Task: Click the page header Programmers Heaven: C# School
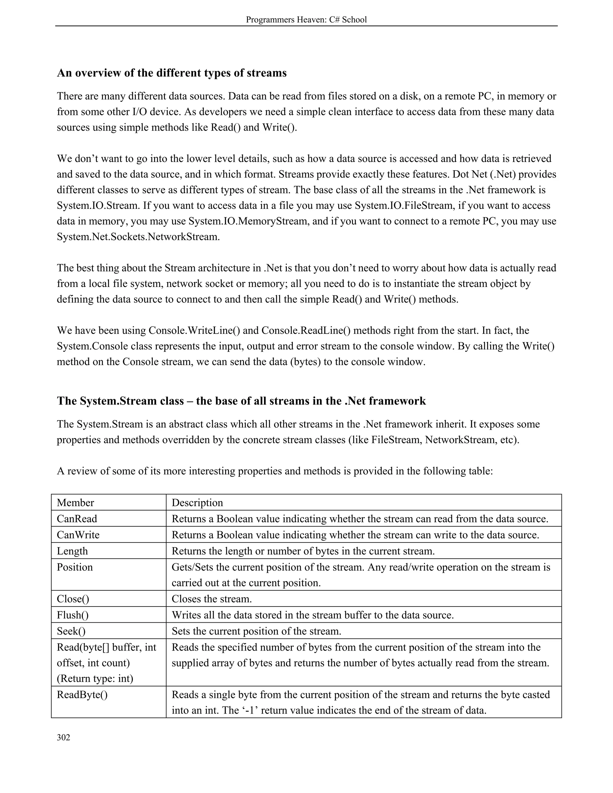[x=306, y=20]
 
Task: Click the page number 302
[x=63, y=737]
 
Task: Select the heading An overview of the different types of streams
[x=172, y=73]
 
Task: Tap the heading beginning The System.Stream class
[x=241, y=401]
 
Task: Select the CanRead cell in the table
[x=77, y=519]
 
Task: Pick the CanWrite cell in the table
[x=78, y=535]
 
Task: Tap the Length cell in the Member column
[x=72, y=551]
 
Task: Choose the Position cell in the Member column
[x=75, y=567]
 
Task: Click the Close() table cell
[x=73, y=599]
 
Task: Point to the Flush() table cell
[x=73, y=615]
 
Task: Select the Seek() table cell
[x=71, y=631]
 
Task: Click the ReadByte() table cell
[x=82, y=695]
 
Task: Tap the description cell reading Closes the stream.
[x=212, y=599]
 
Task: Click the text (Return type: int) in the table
[x=95, y=678]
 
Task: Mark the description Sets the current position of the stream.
[x=257, y=631]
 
